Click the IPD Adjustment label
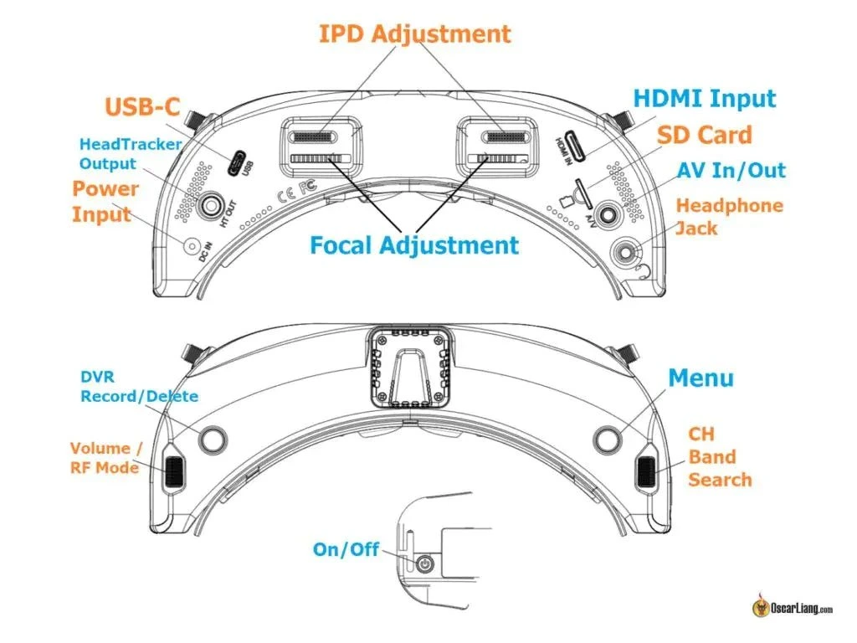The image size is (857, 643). pos(414,34)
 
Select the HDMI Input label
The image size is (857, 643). pos(704,99)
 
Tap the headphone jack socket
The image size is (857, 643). pos(628,251)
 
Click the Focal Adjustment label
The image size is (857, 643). pos(414,245)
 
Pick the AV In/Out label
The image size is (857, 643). pos(731,171)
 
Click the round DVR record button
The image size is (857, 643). pos(213,438)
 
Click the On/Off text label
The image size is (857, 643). pos(346,549)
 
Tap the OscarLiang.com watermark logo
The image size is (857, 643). pos(791,609)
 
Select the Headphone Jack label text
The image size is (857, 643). pos(729,216)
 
